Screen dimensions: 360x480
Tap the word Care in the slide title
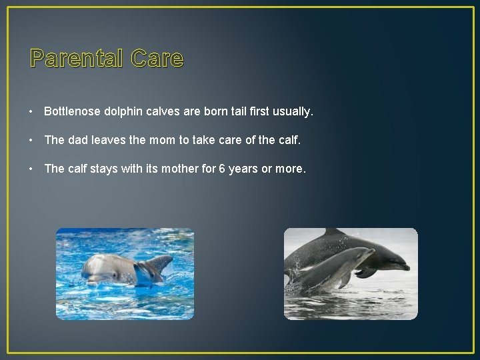click(157, 59)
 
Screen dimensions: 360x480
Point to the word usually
click(293, 111)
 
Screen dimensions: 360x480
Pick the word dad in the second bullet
click(77, 140)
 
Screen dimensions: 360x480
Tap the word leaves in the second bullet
click(109, 140)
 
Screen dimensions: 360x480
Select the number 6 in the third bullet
click(222, 169)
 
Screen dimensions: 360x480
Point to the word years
click(243, 169)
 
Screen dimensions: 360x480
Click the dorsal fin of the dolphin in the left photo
click(161, 263)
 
